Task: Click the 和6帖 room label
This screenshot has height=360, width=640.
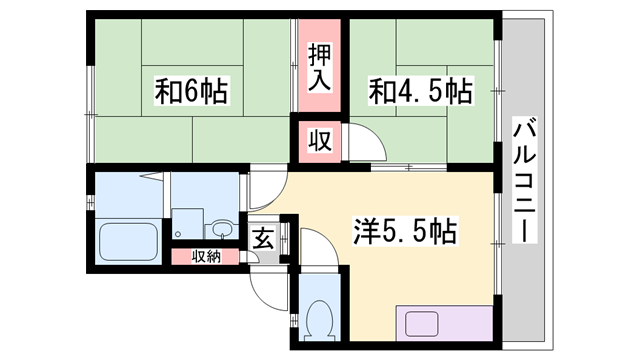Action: pyautogui.click(x=192, y=92)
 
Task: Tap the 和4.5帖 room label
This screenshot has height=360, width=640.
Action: pyautogui.click(x=421, y=92)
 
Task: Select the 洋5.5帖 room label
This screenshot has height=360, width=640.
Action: pyautogui.click(x=404, y=232)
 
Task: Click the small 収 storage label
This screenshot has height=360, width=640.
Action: pyautogui.click(x=318, y=141)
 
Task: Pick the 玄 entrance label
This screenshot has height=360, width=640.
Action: pyautogui.click(x=262, y=239)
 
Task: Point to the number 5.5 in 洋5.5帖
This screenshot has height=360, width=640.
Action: pyautogui.click(x=411, y=232)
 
